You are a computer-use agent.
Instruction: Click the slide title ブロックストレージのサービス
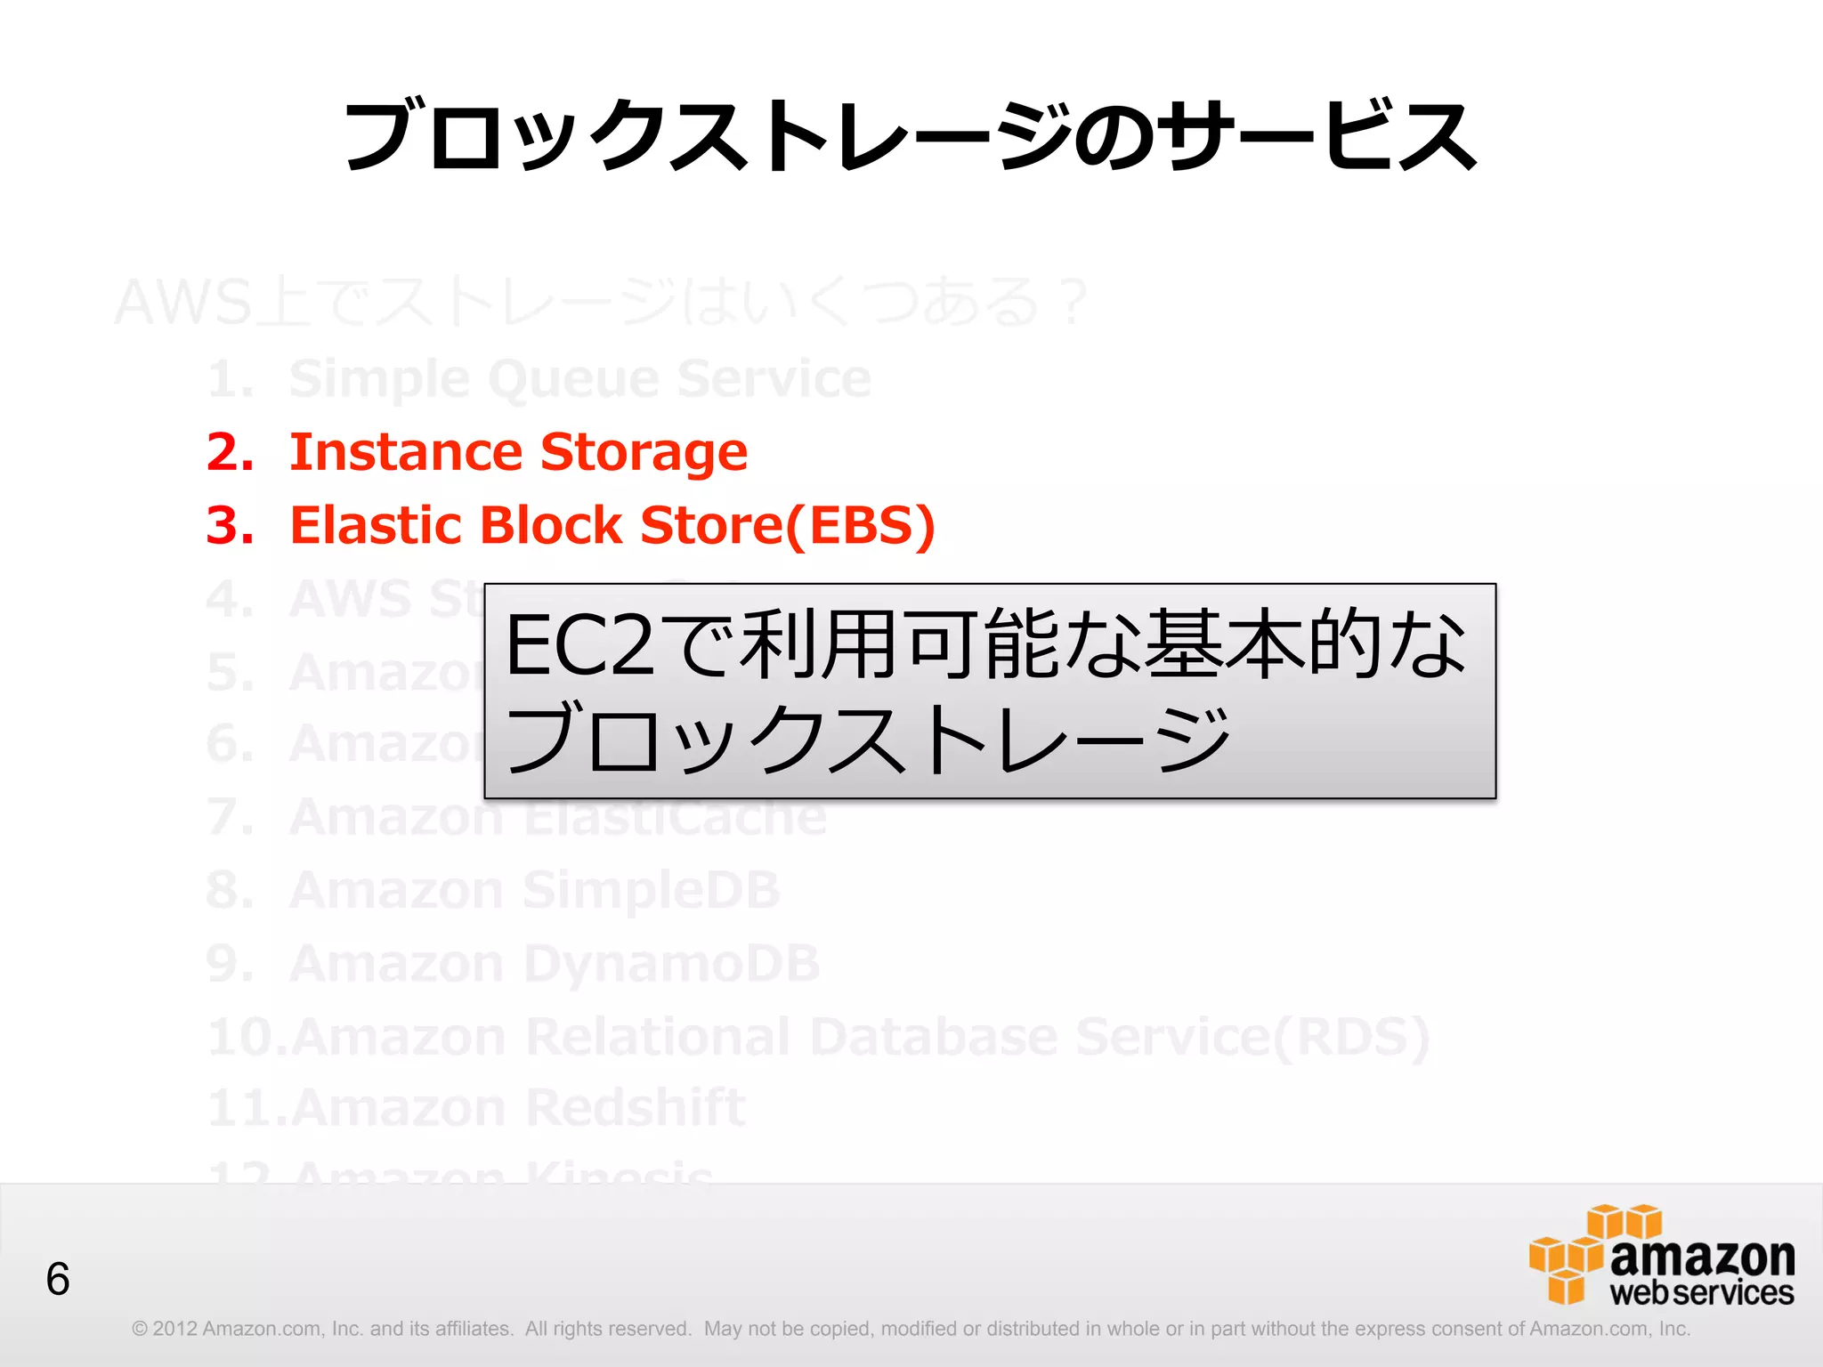point(910,136)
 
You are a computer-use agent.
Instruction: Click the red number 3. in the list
point(230,525)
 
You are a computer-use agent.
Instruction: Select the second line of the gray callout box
point(868,739)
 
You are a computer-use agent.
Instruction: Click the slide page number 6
point(58,1280)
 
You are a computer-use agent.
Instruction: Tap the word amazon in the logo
point(1702,1256)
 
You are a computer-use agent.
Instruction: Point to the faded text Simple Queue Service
point(579,379)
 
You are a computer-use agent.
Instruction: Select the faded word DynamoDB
point(671,963)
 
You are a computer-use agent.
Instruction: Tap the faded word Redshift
point(635,1108)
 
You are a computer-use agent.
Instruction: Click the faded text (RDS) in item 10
point(1351,1037)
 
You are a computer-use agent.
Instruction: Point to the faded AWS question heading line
point(601,303)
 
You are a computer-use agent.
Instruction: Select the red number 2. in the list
point(230,452)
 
